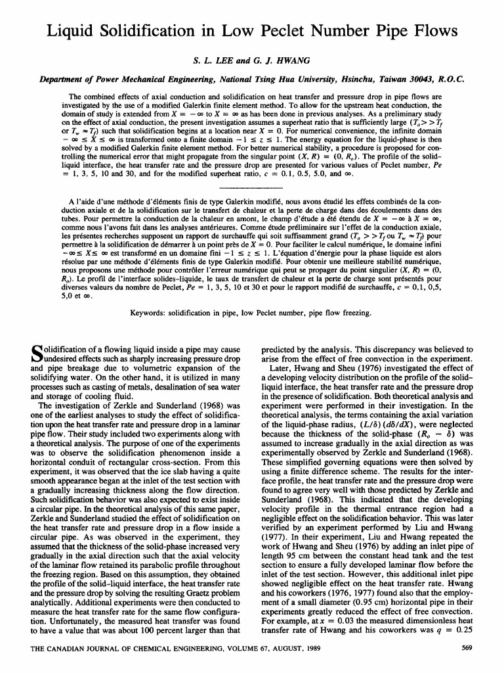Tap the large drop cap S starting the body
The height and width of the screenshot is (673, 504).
[39, 356]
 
